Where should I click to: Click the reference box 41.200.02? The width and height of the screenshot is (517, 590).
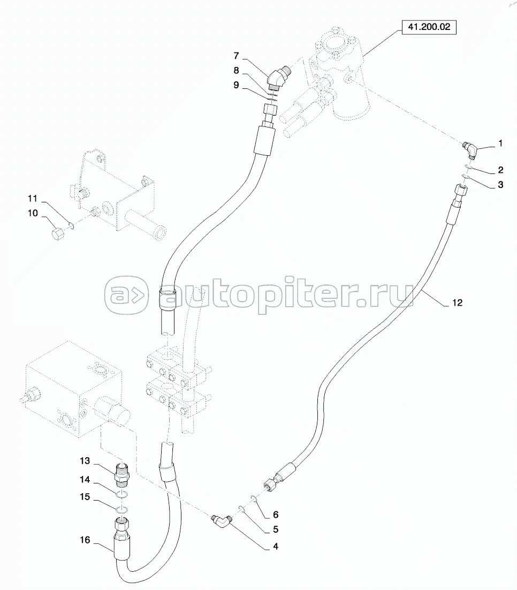429,27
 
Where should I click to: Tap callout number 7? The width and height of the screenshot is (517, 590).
236,56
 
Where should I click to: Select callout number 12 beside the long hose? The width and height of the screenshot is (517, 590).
457,302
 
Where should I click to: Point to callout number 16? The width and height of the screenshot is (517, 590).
85,540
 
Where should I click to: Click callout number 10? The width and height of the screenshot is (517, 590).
33,213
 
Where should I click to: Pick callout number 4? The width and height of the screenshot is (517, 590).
276,546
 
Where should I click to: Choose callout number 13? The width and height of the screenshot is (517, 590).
85,460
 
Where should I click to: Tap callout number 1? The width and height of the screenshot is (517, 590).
500,143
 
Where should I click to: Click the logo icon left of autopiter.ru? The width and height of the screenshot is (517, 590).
126,296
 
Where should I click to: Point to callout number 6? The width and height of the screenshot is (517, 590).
276,515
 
